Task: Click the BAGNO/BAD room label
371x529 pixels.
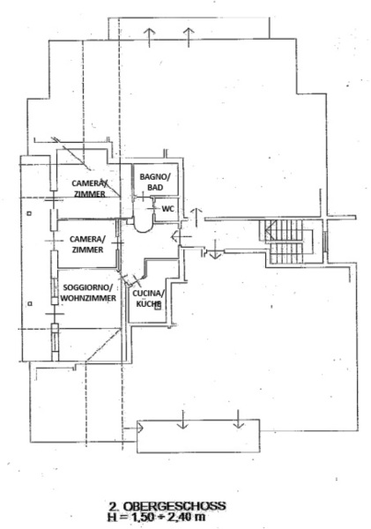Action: pyautogui.click(x=155, y=182)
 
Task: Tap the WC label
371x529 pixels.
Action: pyautogui.click(x=168, y=209)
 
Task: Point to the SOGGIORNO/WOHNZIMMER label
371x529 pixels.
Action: pyautogui.click(x=88, y=293)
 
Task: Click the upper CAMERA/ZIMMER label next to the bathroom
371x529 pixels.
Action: pyautogui.click(x=89, y=189)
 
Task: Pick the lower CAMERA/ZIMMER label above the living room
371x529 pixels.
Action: pyautogui.click(x=87, y=244)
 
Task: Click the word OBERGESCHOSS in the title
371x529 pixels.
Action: pyautogui.click(x=174, y=506)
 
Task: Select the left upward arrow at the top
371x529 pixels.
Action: pyautogui.click(x=149, y=37)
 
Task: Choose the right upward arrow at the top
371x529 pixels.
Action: pyautogui.click(x=189, y=37)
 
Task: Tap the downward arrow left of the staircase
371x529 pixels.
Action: pyautogui.click(x=215, y=250)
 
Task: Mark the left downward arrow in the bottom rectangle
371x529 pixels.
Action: pyautogui.click(x=182, y=420)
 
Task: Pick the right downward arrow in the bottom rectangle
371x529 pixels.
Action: pyautogui.click(x=239, y=419)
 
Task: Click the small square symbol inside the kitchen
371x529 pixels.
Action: pyautogui.click(x=157, y=306)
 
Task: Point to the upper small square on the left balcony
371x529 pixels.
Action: pyautogui.click(x=29, y=213)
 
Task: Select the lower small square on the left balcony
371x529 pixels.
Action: pyautogui.click(x=30, y=303)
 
